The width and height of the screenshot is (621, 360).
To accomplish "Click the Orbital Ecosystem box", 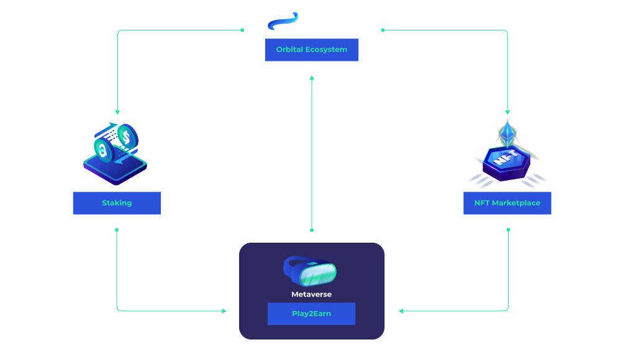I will click(312, 50).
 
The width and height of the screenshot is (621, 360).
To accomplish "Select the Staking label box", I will click(117, 203).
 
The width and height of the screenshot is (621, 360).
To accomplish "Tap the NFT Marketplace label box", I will click(507, 203).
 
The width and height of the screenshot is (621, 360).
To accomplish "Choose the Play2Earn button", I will click(311, 313).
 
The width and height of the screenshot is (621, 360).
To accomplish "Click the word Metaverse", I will click(311, 294).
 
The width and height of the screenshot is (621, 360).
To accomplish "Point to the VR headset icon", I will click(310, 272).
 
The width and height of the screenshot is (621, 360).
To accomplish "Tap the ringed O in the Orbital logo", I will click(282, 21).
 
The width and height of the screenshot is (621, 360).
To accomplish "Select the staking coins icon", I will click(116, 152).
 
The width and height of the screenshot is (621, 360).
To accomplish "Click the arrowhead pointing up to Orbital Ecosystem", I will click(312, 78).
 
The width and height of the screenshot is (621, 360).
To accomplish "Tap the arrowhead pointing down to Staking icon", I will click(117, 112).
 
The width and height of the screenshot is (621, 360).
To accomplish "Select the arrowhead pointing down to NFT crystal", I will click(507, 112).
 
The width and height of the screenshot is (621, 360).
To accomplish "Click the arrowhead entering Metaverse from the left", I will click(224, 310).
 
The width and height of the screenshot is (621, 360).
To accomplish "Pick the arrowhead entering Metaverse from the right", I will click(401, 310).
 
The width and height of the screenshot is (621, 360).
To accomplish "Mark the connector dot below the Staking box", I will click(117, 230).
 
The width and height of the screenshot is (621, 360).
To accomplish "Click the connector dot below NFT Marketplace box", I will click(508, 230).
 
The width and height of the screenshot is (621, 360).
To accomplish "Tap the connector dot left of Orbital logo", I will click(242, 30).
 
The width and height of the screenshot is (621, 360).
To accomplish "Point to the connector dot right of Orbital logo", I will click(383, 30).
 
